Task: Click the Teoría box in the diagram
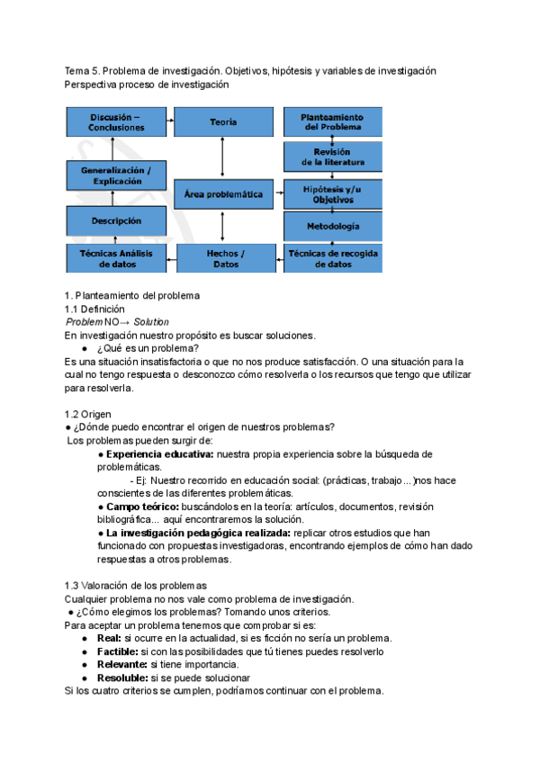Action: coord(223,121)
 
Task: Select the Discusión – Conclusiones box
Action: coord(116,122)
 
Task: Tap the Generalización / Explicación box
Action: coord(116,175)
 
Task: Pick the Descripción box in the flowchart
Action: coord(116,220)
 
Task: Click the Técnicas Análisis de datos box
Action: coord(116,258)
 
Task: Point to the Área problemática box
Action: coord(223,193)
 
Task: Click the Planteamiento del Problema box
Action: coord(333,122)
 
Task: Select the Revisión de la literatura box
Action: coord(333,157)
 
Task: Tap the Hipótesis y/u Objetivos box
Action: coord(333,193)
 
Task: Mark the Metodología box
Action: coord(333,225)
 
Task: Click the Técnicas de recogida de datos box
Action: coord(333,258)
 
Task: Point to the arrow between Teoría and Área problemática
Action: coord(223,157)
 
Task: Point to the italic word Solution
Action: coord(151,322)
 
